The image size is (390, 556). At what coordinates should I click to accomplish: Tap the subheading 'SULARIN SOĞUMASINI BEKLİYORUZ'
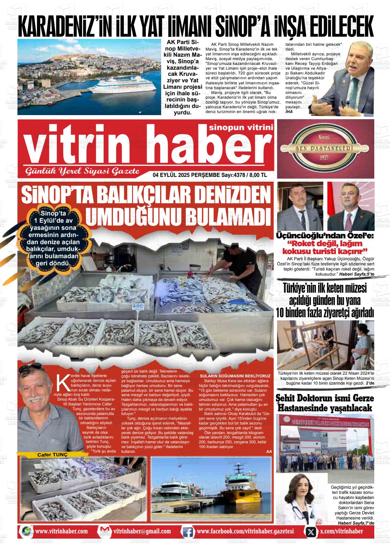click(x=235, y=376)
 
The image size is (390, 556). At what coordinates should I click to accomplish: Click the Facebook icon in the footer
click(x=187, y=532)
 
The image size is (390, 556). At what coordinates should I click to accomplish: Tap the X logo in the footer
click(x=310, y=532)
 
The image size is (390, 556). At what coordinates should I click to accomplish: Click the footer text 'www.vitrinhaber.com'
click(x=61, y=531)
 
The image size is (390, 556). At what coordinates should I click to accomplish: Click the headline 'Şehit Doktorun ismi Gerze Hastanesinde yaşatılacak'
click(x=325, y=403)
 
